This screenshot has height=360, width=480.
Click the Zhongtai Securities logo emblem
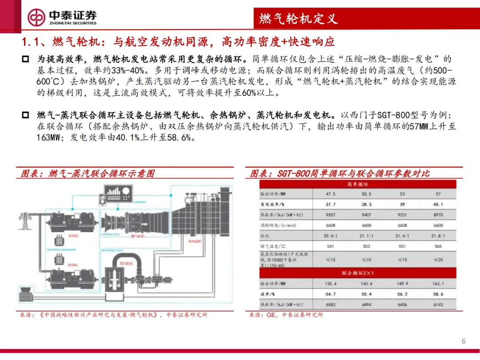(37, 17)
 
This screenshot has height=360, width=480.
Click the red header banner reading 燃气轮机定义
(298, 18)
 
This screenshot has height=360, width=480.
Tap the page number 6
(464, 341)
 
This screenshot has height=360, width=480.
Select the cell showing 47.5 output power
(330, 194)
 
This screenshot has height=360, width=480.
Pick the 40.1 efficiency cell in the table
(438, 204)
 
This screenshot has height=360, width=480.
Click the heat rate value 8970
(438, 215)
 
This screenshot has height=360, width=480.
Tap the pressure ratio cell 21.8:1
(438, 236)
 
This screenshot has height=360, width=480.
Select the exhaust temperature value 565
(438, 247)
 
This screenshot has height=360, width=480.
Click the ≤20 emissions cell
(438, 260)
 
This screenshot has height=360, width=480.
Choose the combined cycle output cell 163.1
(438, 284)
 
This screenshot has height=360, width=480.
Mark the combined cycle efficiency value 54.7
(330, 294)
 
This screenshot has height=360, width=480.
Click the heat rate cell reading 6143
(438, 305)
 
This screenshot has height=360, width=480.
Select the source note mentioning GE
(286, 315)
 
